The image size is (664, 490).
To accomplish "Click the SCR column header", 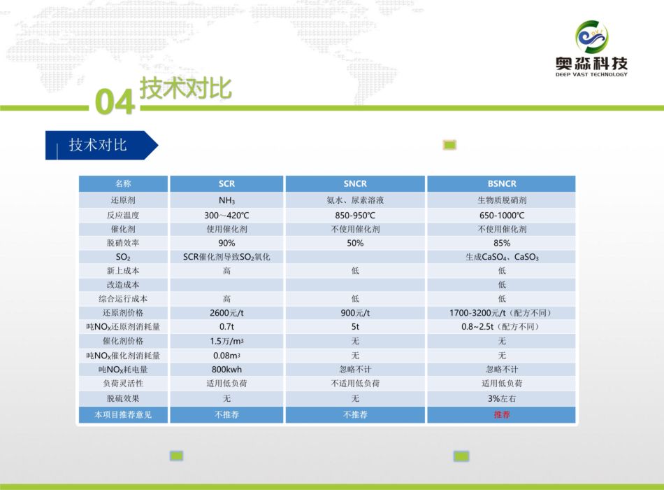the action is [226, 183].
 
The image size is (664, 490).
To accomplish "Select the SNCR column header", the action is [355, 183].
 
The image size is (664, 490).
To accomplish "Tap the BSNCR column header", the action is [502, 183].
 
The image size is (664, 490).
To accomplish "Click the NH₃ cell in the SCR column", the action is [226, 200].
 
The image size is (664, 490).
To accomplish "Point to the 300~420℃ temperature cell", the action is [226, 215].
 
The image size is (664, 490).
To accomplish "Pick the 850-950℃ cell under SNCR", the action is [355, 215].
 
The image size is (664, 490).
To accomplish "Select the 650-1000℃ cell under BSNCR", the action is [502, 215].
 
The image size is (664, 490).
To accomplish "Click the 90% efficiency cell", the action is [226, 243].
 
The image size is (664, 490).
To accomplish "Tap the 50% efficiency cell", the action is [355, 243].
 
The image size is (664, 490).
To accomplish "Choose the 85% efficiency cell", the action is [502, 243].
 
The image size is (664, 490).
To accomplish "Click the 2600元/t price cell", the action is [226, 313].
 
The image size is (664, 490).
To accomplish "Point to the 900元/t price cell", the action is [355, 313].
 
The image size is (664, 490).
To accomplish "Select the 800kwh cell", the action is [226, 370].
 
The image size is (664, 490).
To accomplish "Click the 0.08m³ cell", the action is [226, 356].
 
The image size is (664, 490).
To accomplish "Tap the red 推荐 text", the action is [502, 414].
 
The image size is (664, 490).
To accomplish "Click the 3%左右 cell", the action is [502, 398].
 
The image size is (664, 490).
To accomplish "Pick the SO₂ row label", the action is [123, 257].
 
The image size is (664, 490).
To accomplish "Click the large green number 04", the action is [115, 101].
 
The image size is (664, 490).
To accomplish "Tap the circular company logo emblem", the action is [591, 37].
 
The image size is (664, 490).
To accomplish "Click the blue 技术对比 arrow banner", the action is [101, 145].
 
